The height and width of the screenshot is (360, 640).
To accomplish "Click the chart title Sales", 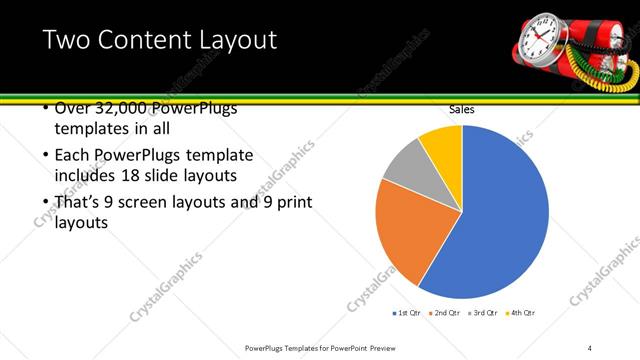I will [x=461, y=109].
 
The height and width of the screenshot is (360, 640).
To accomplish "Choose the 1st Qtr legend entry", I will [x=407, y=313].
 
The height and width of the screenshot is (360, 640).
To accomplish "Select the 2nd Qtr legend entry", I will [x=446, y=313].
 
